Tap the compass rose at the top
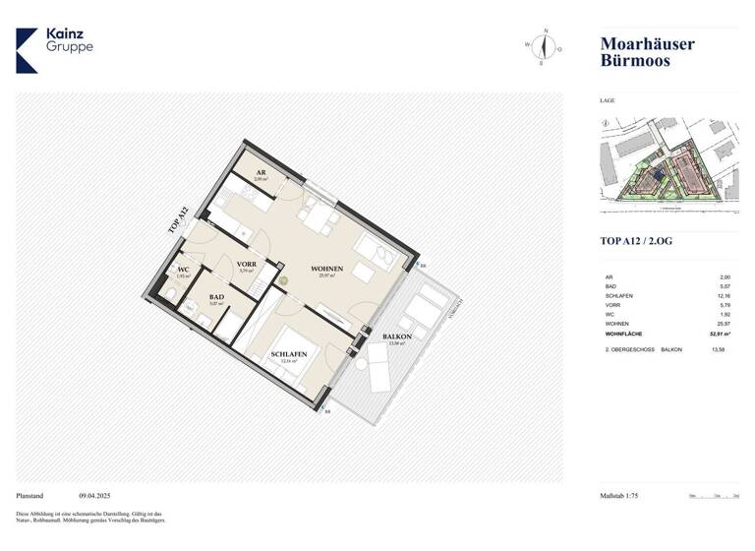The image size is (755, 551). coord(543,45)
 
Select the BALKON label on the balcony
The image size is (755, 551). coord(397,337)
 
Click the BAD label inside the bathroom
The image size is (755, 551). coord(217,296)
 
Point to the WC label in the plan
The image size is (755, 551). coord(183,271)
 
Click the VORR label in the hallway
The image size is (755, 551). coord(246,265)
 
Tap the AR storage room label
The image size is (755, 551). coord(261,172)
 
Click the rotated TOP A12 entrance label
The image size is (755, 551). coord(177,219)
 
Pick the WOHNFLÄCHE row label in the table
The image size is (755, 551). coord(625,335)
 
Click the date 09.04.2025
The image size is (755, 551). coord(97,497)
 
